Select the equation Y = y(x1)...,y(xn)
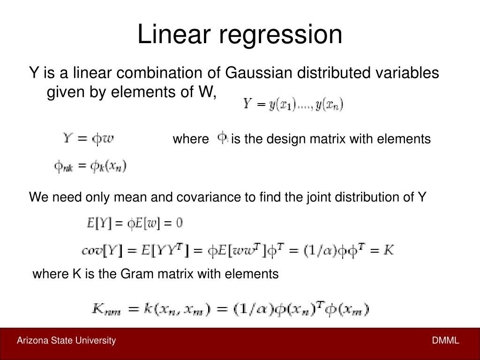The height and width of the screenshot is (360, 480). click(293, 104)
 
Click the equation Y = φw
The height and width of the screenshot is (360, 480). click(89, 139)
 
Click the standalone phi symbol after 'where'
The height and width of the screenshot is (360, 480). click(223, 138)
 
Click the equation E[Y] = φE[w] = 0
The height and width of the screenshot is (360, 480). click(135, 223)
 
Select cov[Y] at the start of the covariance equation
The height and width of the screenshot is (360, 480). click(102, 251)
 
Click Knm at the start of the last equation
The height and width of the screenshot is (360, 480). click(106, 309)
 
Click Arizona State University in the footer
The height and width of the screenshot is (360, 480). click(66, 340)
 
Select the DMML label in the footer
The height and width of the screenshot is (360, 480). click(445, 340)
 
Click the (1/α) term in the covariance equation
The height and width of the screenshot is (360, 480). click(314, 251)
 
